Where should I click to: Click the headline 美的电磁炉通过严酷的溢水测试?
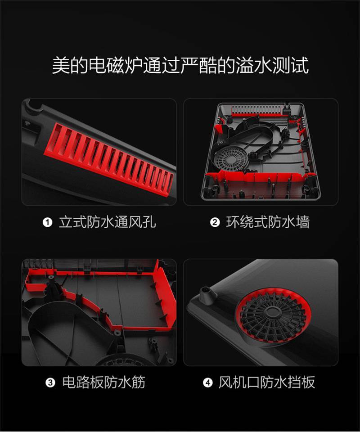point(180,65)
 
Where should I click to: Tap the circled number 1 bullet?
point(47,222)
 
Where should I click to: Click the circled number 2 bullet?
point(215,222)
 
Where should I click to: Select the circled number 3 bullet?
point(50,382)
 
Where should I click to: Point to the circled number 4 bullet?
point(208,382)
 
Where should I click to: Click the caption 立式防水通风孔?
point(108,222)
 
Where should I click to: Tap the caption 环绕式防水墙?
point(268,222)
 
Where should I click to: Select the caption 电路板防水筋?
point(103,382)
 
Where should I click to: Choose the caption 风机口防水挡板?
point(267,382)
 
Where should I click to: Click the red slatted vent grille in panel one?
point(109,159)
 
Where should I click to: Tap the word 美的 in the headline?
point(70,65)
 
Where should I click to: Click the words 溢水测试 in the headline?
point(272,65)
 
